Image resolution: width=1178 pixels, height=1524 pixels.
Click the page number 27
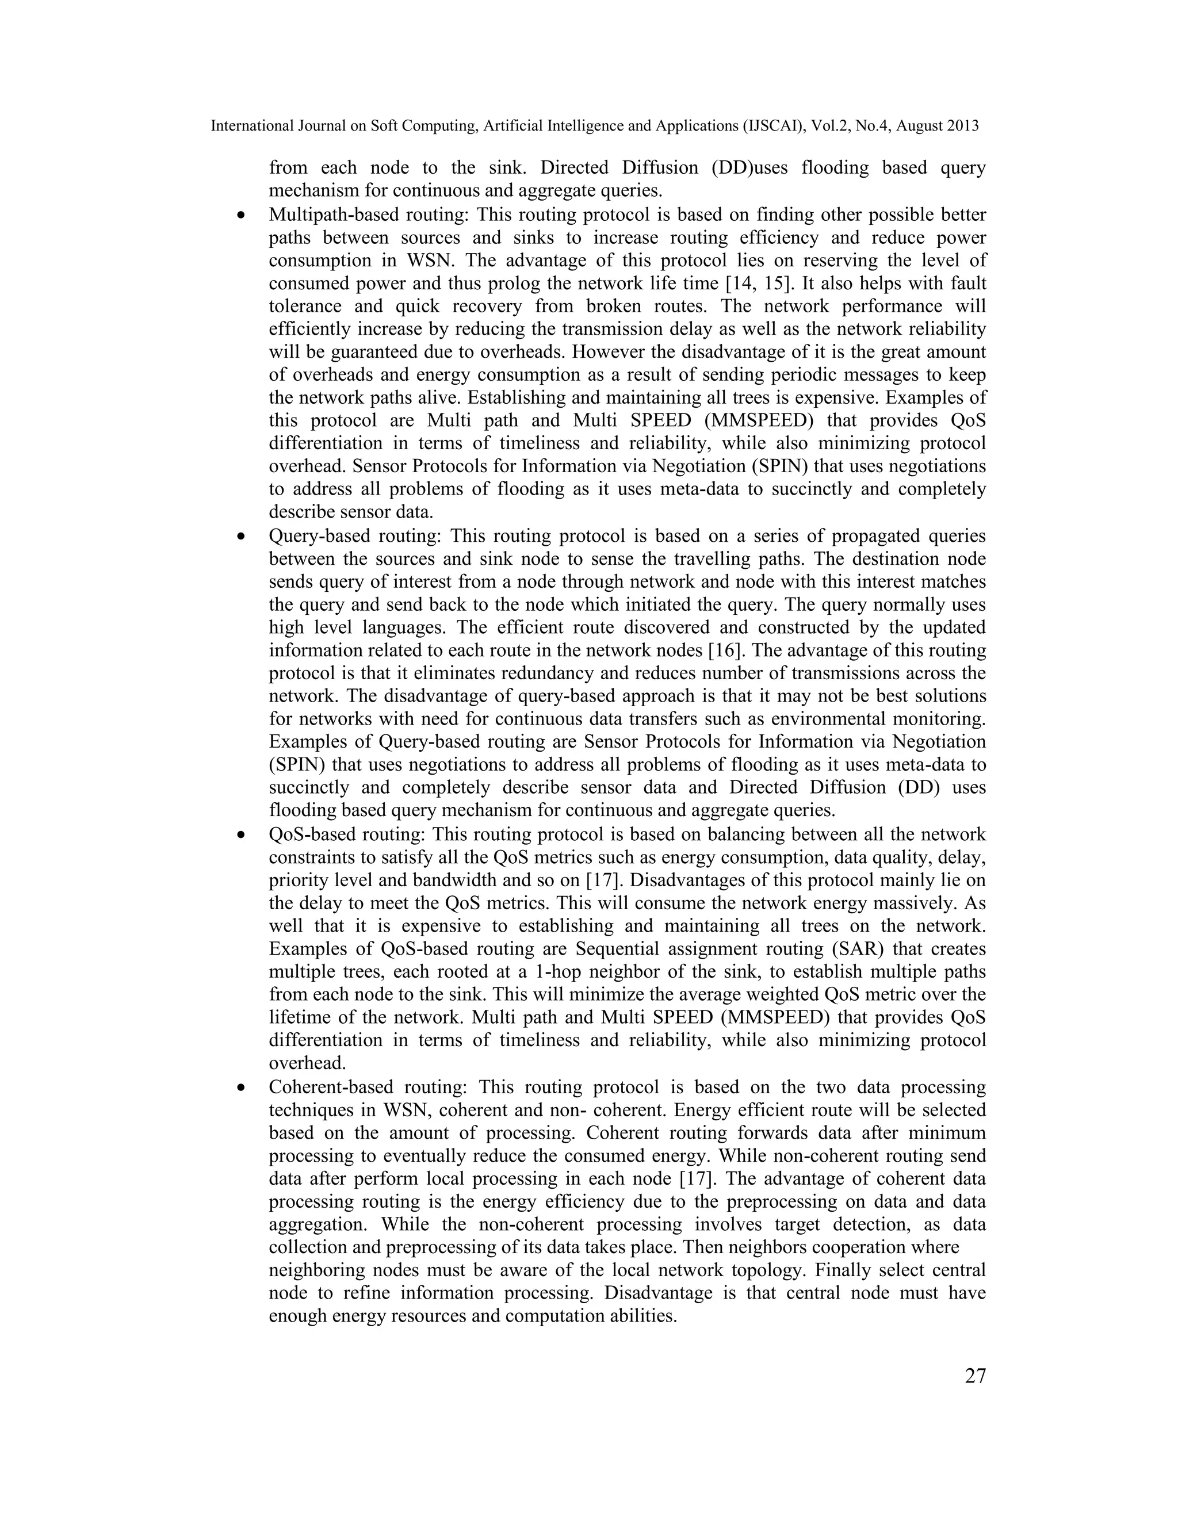click(x=975, y=1376)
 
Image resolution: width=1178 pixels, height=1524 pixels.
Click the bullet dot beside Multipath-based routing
click(x=242, y=216)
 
